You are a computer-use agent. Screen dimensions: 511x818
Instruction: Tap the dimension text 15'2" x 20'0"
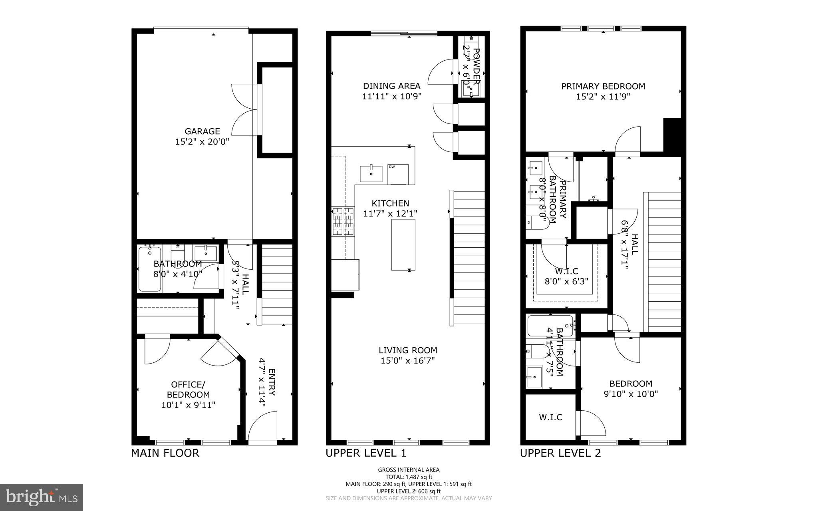[x=202, y=141]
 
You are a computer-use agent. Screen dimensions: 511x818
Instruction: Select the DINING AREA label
[x=391, y=86]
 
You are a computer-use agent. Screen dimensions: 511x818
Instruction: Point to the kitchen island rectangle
[x=403, y=245]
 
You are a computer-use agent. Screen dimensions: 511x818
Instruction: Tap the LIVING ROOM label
[x=408, y=350]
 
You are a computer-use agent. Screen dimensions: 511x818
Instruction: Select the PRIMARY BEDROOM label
[x=603, y=86]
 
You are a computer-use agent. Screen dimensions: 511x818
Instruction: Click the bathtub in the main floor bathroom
[x=150, y=269]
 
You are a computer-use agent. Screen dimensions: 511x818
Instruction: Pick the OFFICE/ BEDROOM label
[x=188, y=390]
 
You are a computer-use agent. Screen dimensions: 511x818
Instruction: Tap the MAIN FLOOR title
[x=165, y=453]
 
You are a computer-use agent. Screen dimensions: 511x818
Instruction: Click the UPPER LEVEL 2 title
[x=560, y=453]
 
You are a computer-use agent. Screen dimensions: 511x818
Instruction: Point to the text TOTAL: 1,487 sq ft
[x=409, y=477]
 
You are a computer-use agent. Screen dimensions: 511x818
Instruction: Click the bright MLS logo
[x=42, y=497]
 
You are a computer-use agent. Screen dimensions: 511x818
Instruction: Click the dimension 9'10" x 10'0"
[x=631, y=394]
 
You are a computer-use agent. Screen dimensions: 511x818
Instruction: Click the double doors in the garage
[x=246, y=110]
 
